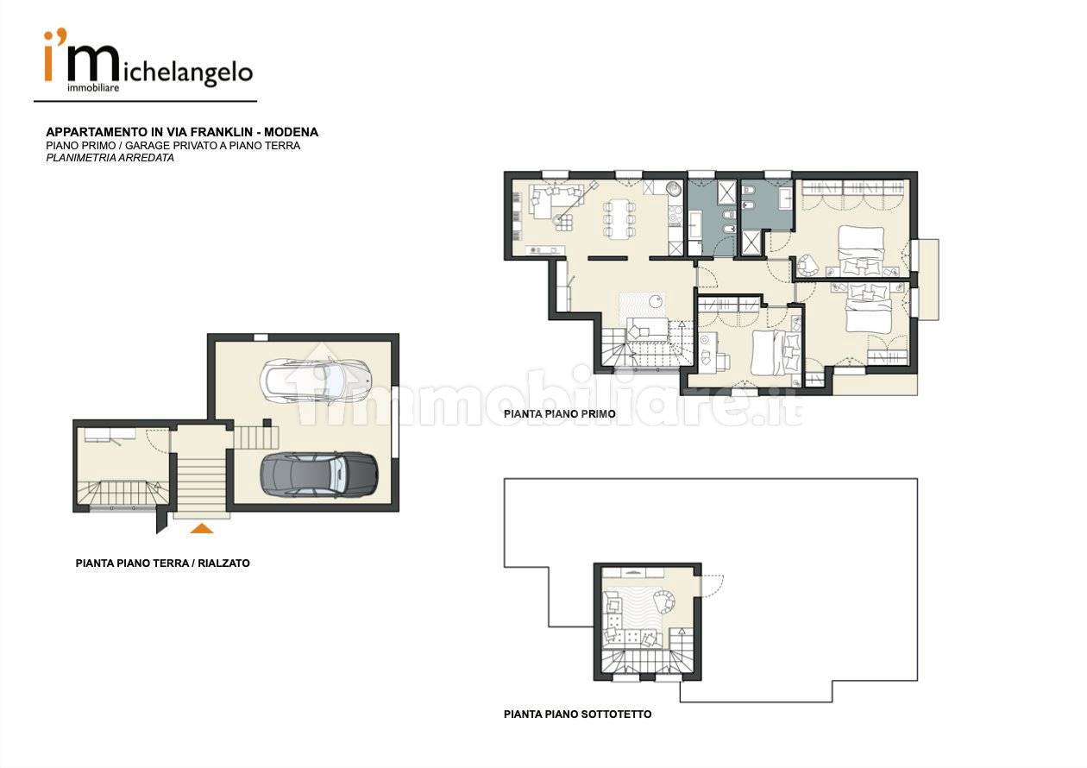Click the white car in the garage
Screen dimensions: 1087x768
pos(316,380)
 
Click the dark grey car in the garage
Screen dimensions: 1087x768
pos(318,475)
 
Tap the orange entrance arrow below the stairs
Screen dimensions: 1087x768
pos(202,529)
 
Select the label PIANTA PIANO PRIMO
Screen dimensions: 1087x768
pos(560,414)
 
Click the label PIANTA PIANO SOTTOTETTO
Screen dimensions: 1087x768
pos(577,714)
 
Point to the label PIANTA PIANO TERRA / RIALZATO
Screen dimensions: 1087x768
pos(162,563)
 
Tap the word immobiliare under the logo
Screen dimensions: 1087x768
pos(93,88)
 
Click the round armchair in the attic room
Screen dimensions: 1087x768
pos(664,602)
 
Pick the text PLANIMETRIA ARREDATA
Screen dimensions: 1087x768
pos(110,158)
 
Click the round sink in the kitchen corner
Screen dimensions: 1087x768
pos(674,188)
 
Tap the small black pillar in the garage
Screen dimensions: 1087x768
pos(267,423)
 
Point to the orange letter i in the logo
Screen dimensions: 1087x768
pos(48,57)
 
